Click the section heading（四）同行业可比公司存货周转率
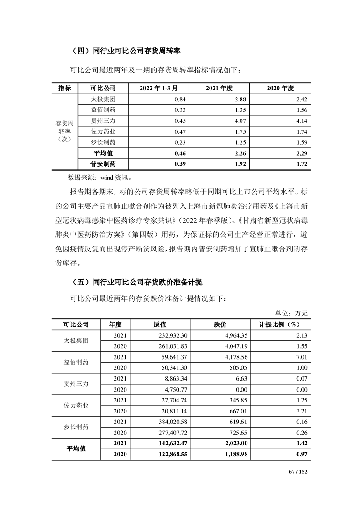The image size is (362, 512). pos(126,51)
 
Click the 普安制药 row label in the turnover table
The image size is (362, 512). pos(103,163)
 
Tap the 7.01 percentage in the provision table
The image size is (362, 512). pos(301,357)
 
